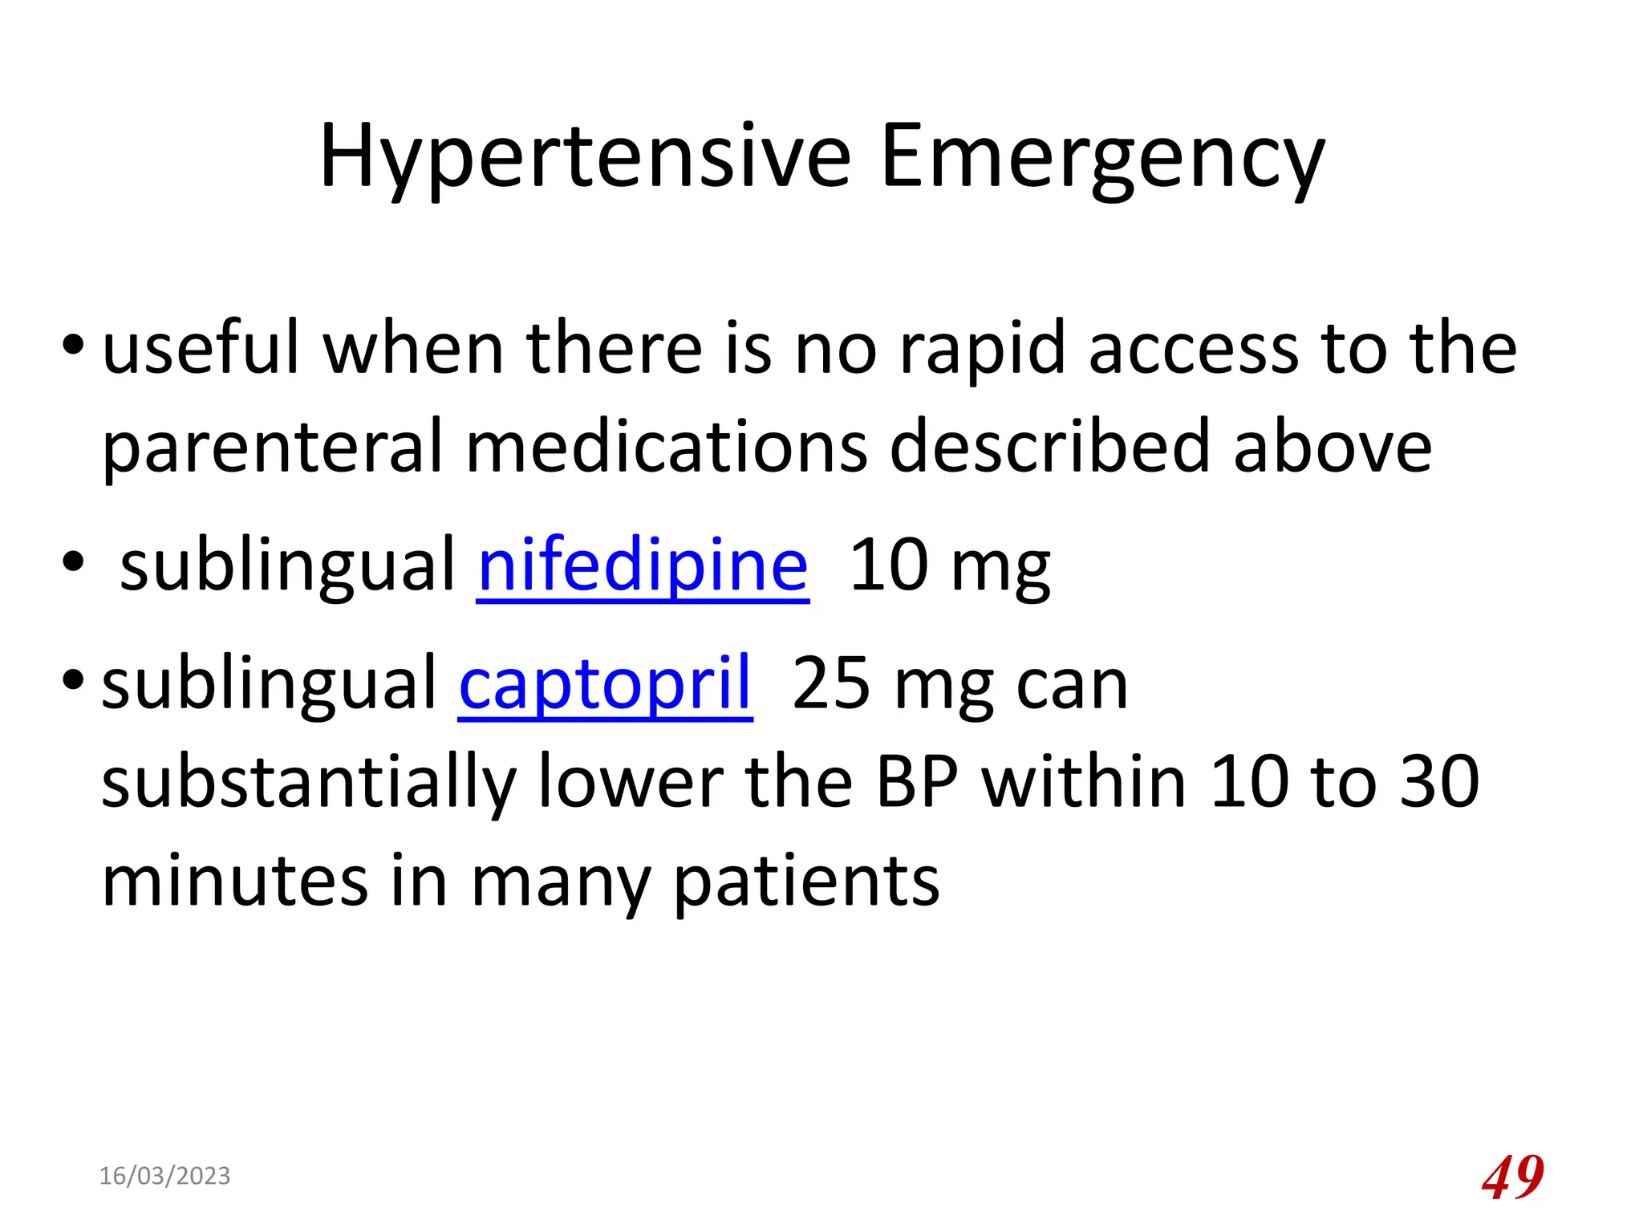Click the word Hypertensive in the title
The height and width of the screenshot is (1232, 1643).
pos(585,157)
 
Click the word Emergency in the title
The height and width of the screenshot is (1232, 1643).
pos(1102,157)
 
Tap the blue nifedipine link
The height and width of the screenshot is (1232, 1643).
pos(643,565)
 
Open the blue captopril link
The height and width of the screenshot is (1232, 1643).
pos(605,684)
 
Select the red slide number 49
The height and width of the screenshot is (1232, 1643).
pos(1512,1177)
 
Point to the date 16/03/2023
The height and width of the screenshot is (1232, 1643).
pos(164,1176)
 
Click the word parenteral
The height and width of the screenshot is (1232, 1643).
pos(273,448)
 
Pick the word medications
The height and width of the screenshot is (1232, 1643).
pos(667,446)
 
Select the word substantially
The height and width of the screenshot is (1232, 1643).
pos(309,784)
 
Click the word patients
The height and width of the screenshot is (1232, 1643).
pos(806,882)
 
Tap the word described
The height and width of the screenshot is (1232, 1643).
pos(1049,446)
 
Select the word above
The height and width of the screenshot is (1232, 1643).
pos(1333,446)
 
